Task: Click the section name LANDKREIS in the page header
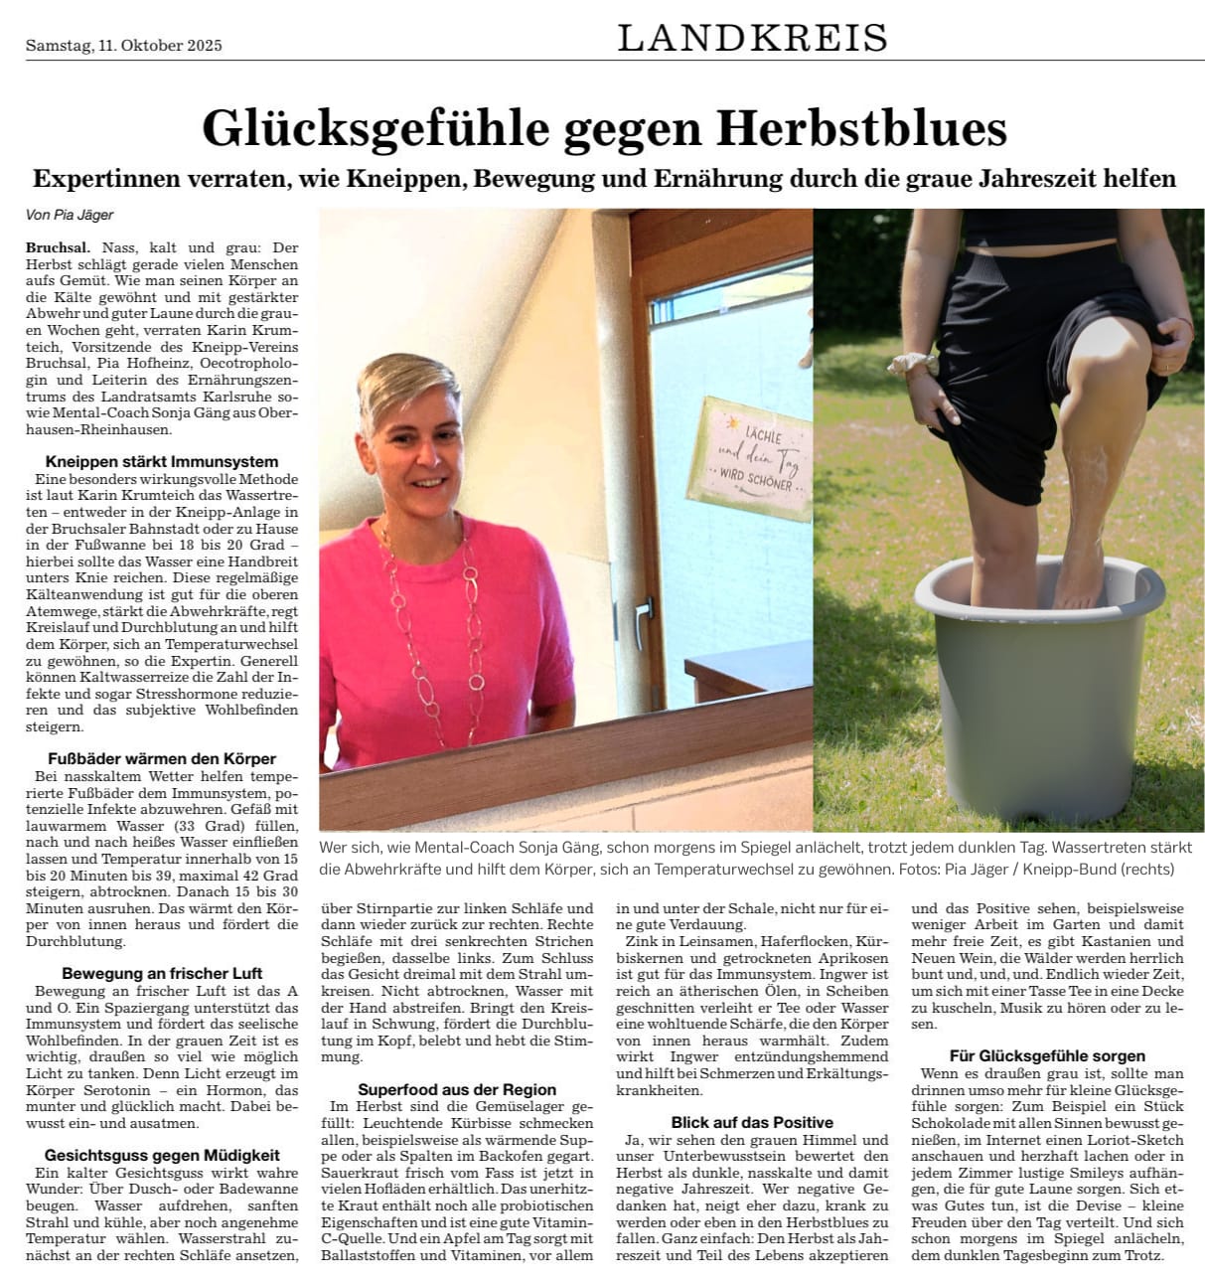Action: click(x=752, y=38)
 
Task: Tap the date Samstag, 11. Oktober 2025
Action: click(x=124, y=45)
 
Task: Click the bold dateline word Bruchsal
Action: click(x=58, y=247)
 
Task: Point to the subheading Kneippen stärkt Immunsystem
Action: click(x=162, y=461)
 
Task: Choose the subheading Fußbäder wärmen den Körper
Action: click(x=162, y=758)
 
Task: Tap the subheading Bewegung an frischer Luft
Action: click(x=162, y=973)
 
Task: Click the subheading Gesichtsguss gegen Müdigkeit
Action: click(x=162, y=1155)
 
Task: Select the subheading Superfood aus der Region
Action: click(x=457, y=1089)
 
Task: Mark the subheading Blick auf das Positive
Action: click(x=752, y=1122)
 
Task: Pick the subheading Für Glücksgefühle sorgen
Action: click(x=1047, y=1055)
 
